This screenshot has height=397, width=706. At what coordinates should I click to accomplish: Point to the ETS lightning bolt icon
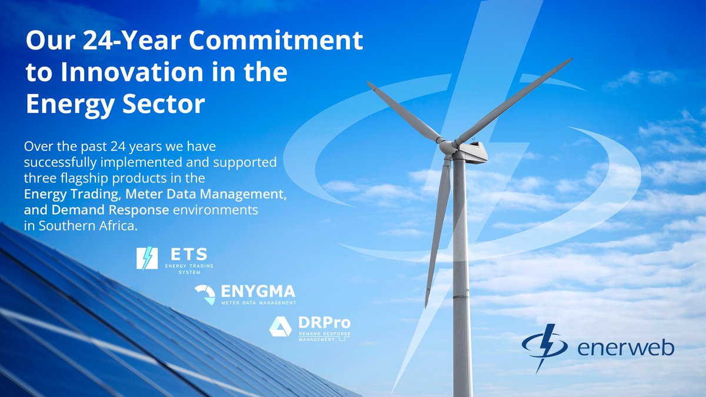tap(146, 258)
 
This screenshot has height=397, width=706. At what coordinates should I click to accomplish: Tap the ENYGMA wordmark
tap(258, 292)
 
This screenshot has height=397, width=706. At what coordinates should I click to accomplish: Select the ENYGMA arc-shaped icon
tap(205, 294)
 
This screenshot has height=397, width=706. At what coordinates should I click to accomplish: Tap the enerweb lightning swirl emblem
tap(544, 346)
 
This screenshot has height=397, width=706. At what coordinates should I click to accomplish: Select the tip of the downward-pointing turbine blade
tap(427, 305)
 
